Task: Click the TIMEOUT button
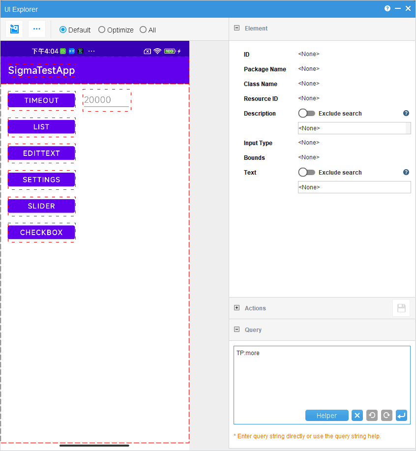41,100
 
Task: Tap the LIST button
41,127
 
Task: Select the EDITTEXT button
41,153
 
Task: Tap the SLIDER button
41,206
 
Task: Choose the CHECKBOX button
41,233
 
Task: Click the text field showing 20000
106,100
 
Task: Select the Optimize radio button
102,30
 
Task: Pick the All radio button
143,30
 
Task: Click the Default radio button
62,30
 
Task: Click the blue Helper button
327,415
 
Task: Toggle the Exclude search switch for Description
306,113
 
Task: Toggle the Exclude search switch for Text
306,172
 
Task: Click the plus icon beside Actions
237,308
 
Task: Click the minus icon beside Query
237,330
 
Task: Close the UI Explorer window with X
408,9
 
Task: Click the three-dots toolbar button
37,29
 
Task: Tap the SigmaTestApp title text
41,70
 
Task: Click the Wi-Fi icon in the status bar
157,51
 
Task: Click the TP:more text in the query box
248,353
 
